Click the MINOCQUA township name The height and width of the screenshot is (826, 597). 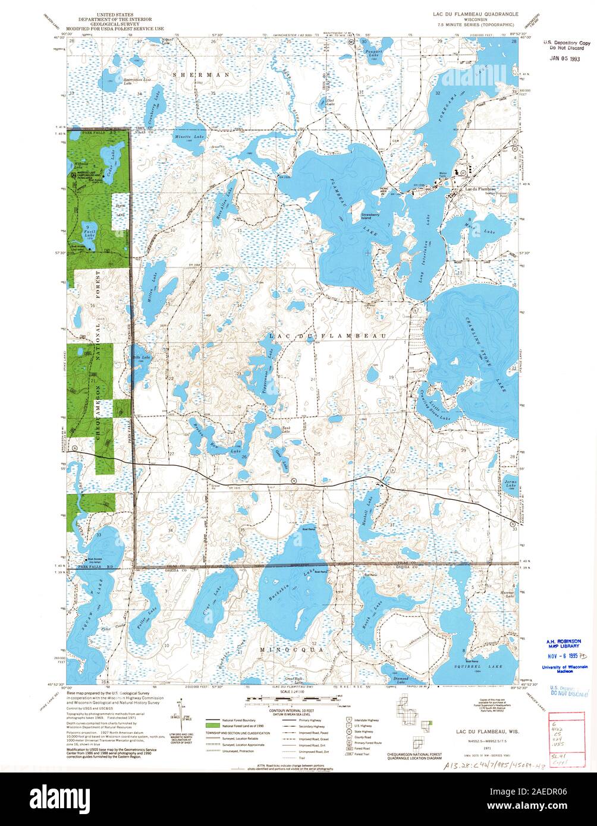tap(292, 650)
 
